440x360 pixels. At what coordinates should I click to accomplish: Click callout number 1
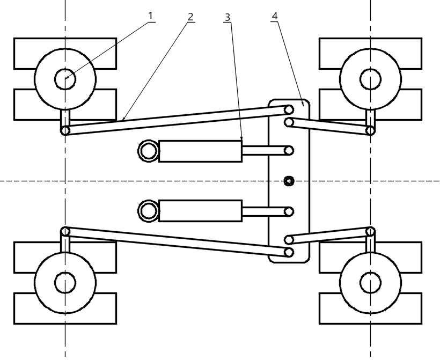pyautogui.click(x=151, y=16)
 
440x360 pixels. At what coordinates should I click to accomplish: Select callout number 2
pyautogui.click(x=190, y=17)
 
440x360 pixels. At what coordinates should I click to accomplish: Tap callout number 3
pyautogui.click(x=228, y=17)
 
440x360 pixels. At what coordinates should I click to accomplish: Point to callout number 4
pyautogui.click(x=275, y=16)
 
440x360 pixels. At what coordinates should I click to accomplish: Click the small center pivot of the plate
pyautogui.click(x=289, y=181)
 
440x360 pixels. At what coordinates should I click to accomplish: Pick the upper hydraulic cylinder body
pyautogui.click(x=200, y=151)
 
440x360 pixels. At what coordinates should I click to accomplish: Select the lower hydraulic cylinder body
pyautogui.click(x=200, y=211)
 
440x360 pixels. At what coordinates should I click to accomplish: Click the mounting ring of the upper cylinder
pyautogui.click(x=149, y=151)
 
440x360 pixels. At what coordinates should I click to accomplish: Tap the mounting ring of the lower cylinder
pyautogui.click(x=149, y=211)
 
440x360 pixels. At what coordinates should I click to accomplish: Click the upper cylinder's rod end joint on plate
pyautogui.click(x=289, y=151)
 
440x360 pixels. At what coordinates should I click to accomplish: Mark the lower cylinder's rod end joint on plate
pyautogui.click(x=289, y=211)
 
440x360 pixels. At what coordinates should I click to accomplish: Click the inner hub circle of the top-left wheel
pyautogui.click(x=65, y=79)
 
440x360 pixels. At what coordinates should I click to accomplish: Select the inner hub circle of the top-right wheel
pyautogui.click(x=370, y=79)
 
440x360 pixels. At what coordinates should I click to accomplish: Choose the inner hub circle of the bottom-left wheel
pyautogui.click(x=65, y=283)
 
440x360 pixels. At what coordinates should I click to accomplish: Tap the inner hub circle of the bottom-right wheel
pyautogui.click(x=370, y=283)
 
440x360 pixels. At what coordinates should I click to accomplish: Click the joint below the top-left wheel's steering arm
pyautogui.click(x=65, y=130)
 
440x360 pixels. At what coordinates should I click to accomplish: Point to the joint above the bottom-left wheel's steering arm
pyautogui.click(x=65, y=232)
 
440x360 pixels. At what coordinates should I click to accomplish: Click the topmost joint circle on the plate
pyautogui.click(x=289, y=109)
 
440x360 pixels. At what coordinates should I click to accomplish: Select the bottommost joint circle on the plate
pyautogui.click(x=289, y=252)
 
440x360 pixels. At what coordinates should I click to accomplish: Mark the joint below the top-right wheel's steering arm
pyautogui.click(x=370, y=130)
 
